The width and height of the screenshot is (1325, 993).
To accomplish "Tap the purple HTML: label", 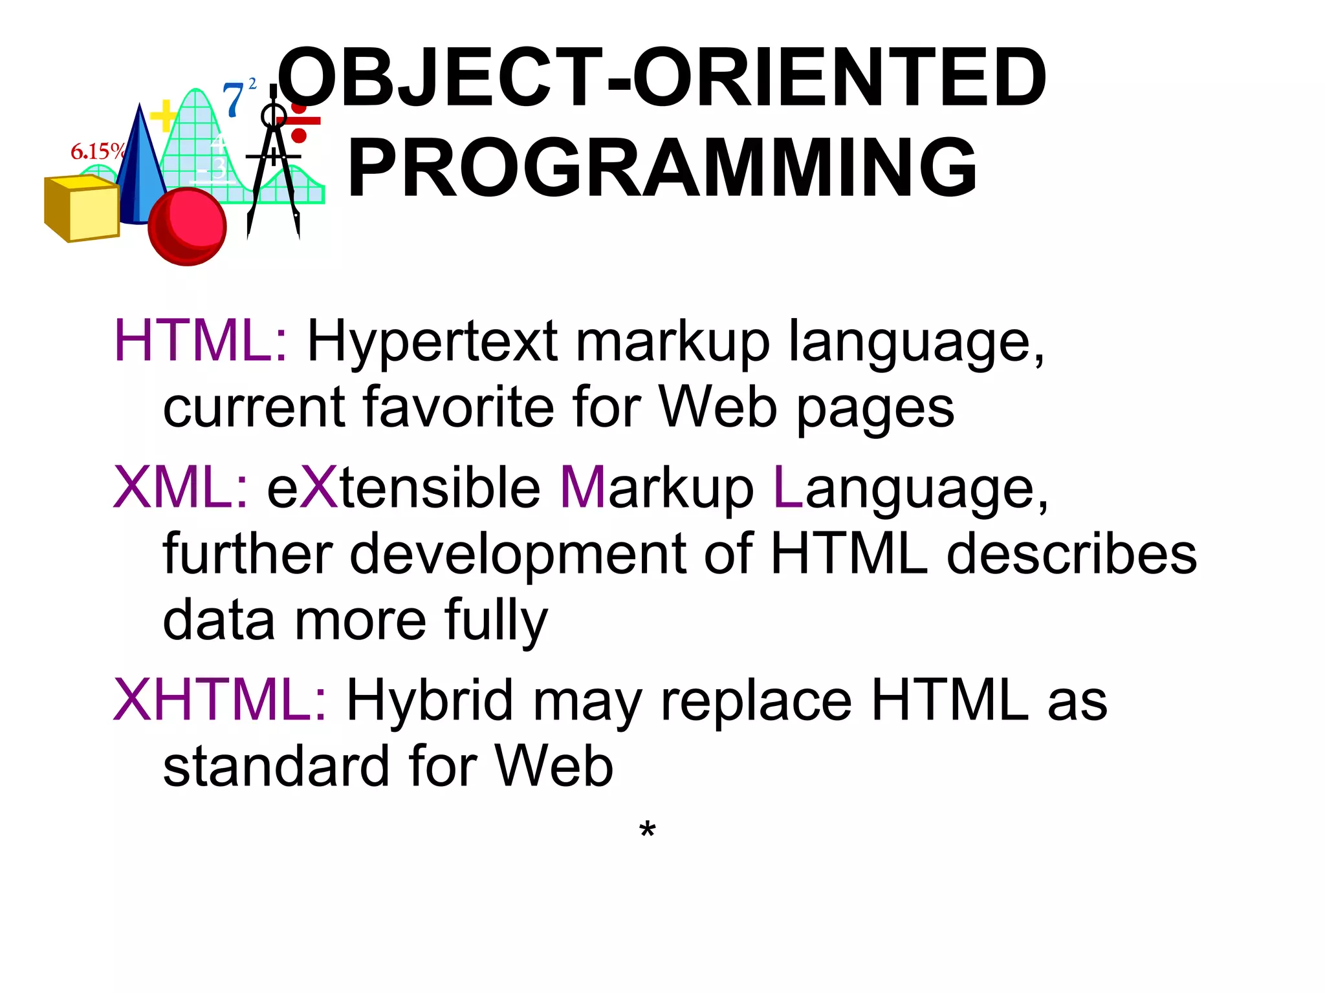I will pyautogui.click(x=201, y=341).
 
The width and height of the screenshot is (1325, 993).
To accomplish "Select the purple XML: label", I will pyautogui.click(x=181, y=487).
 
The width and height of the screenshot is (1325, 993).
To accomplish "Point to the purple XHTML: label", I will pyautogui.click(x=221, y=699).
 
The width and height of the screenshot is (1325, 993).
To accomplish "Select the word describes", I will pyautogui.click(x=1071, y=554).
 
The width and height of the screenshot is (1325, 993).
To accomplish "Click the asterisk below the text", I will pyautogui.click(x=647, y=830).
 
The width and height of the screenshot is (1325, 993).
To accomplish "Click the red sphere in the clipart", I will pyautogui.click(x=187, y=226).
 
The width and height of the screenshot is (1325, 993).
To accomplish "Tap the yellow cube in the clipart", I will pyautogui.click(x=83, y=208).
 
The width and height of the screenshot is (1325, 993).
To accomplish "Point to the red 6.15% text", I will pyautogui.click(x=97, y=151).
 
